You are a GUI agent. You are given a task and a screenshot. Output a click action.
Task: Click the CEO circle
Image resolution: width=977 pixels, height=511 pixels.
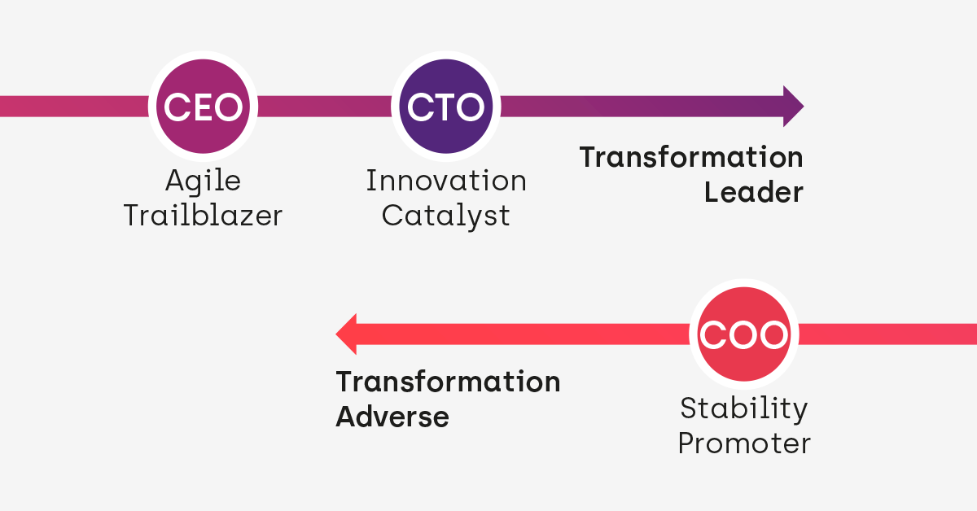203,107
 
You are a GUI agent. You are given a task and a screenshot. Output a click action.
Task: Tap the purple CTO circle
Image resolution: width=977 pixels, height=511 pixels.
445,107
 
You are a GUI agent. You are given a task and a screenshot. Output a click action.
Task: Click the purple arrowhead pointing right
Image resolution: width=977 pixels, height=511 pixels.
793,106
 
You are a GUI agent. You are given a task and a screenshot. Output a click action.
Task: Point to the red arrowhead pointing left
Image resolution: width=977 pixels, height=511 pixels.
347,334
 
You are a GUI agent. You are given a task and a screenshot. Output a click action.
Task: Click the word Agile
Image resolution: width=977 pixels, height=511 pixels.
203,181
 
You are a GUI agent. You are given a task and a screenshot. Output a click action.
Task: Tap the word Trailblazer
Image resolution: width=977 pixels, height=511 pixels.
203,216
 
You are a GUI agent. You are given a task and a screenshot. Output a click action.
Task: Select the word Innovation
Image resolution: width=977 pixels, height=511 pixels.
445,181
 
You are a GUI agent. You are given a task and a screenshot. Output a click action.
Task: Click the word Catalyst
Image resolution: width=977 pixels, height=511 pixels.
445,216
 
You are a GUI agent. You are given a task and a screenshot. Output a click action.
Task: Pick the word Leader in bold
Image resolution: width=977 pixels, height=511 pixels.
753,193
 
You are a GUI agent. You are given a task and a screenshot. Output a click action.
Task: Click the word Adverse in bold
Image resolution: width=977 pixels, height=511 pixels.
392,417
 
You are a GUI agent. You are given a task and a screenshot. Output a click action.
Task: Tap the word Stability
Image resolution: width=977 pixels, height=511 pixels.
744,408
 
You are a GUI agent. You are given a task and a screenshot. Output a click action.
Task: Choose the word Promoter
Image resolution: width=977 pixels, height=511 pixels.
744,443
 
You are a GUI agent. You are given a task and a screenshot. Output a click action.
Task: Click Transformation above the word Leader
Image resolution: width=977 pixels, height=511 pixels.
690,157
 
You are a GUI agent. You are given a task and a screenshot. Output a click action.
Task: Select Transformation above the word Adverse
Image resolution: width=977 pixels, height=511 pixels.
448,382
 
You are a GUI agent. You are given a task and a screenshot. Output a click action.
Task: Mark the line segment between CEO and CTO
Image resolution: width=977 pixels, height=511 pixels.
324,107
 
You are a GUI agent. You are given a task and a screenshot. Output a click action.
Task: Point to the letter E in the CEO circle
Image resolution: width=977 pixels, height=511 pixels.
203,107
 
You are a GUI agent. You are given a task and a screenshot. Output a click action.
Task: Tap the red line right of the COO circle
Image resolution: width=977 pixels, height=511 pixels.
887,334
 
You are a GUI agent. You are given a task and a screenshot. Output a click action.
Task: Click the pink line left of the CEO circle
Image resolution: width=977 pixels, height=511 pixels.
73,107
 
